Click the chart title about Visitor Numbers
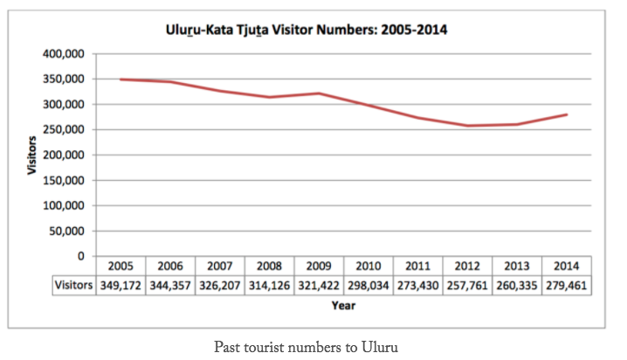[x=307, y=31]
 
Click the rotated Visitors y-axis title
[x=32, y=156]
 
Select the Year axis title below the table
[x=342, y=306]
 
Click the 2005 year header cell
[x=120, y=267]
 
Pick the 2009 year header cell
[x=319, y=267]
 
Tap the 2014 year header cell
[x=567, y=267]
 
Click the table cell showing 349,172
[x=120, y=285]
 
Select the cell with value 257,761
[x=468, y=285]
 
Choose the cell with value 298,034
[x=369, y=285]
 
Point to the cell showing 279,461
[x=567, y=285]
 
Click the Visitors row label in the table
[x=72, y=285]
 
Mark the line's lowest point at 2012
[x=468, y=126]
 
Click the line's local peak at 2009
[x=319, y=93]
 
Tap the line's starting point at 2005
[x=120, y=80]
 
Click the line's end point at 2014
[x=567, y=114]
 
